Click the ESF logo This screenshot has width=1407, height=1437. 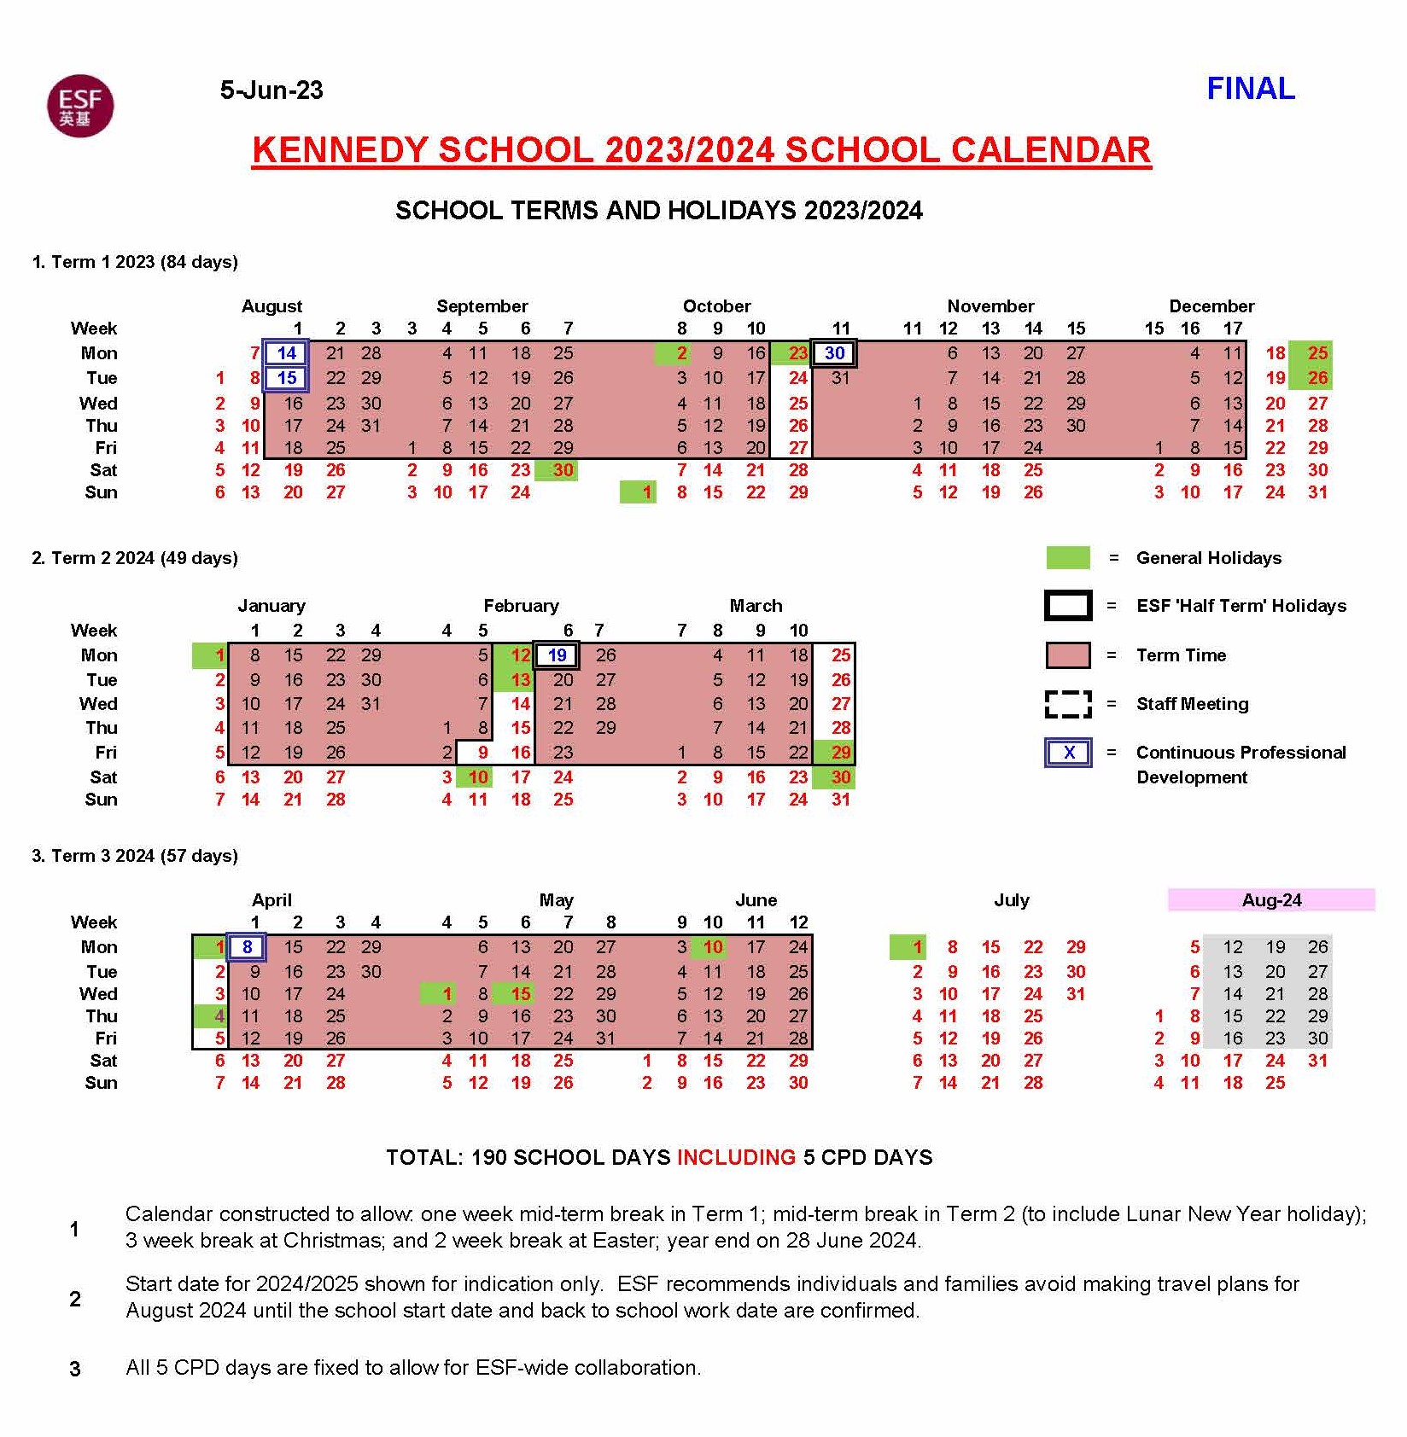tap(80, 106)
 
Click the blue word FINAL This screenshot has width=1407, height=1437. tap(1250, 89)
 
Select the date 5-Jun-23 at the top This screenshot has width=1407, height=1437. tap(271, 90)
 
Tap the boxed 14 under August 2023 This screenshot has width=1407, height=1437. tap(286, 353)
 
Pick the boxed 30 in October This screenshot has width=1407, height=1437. tap(834, 353)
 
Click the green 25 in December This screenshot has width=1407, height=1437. tap(1317, 353)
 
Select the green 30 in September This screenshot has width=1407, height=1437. tap(563, 470)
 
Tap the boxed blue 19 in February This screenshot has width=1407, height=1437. tap(557, 655)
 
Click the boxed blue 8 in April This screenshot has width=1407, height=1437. tap(247, 947)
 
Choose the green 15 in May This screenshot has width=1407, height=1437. tap(521, 994)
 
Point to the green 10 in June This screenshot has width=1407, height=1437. tap(713, 947)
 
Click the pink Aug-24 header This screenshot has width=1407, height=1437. tap(1270, 900)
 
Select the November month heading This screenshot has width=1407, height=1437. tap(990, 306)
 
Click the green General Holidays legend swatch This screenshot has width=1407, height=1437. tap(1068, 558)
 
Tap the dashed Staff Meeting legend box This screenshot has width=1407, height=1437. tap(1068, 704)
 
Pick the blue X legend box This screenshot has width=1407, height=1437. tap(1068, 753)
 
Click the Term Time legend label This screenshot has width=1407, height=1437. tap(1181, 655)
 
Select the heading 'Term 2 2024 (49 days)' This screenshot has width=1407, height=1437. tap(135, 558)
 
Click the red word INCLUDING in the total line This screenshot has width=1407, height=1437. tap(736, 1158)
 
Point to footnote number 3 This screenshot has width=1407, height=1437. tap(75, 1369)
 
